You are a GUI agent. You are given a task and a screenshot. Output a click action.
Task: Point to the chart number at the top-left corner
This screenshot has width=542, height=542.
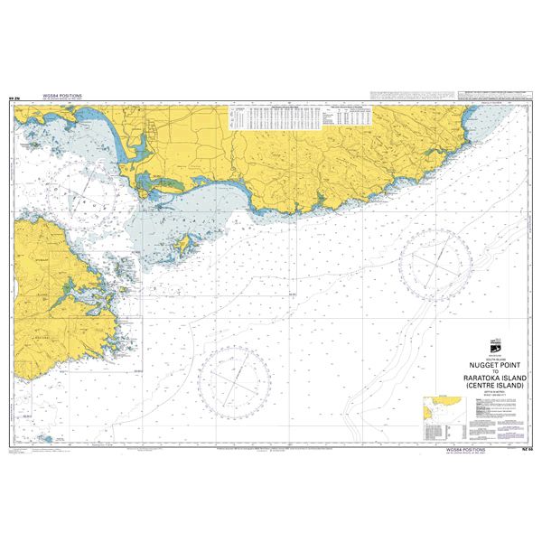pyautogui.click(x=13, y=99)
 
